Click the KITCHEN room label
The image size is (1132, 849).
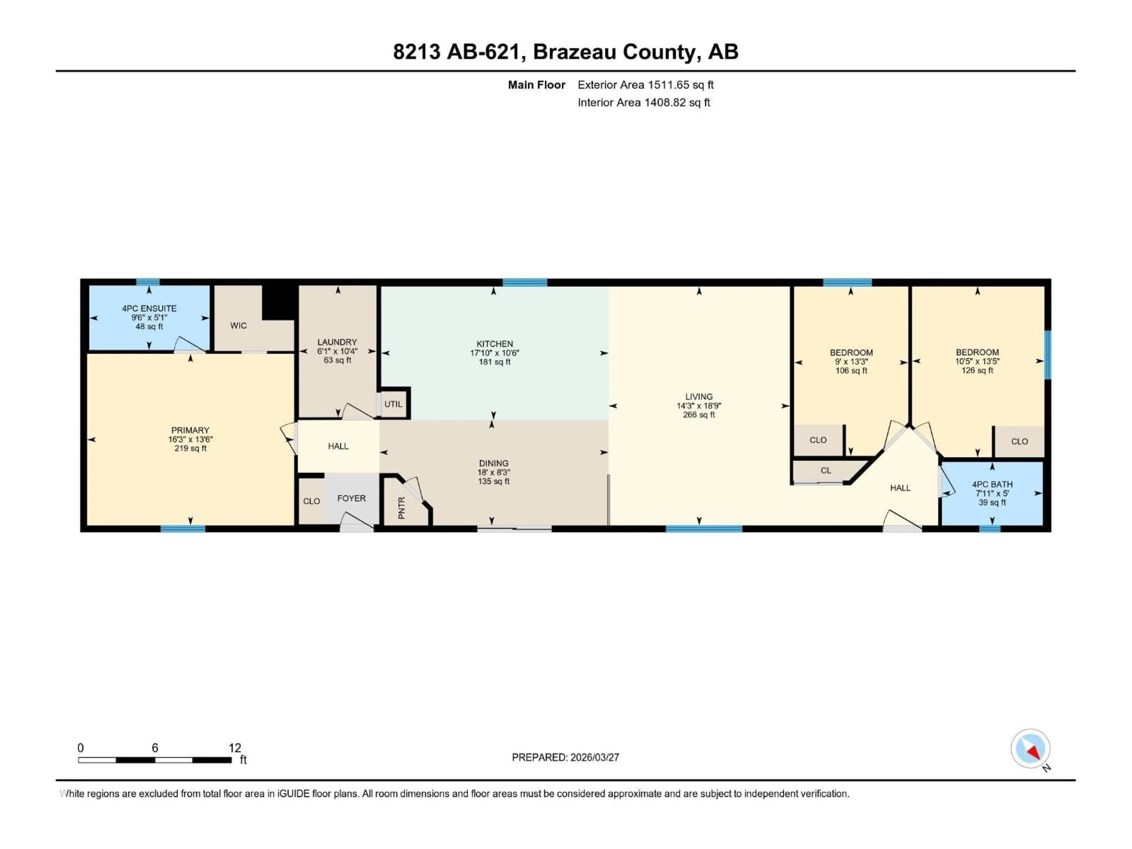tap(494, 344)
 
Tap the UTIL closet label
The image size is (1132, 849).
tap(393, 404)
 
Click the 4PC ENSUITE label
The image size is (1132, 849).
tap(149, 309)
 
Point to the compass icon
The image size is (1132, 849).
tap(1030, 749)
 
